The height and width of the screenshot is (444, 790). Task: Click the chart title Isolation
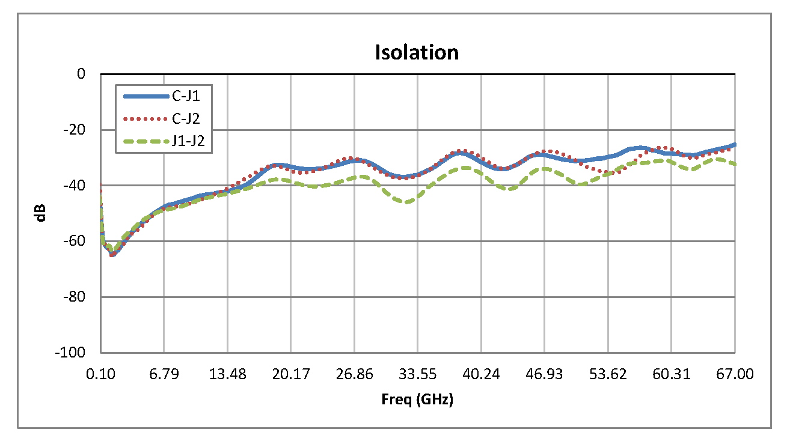[417, 52]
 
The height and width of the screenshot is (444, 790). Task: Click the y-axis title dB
[41, 213]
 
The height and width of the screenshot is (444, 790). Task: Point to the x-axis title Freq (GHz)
[417, 400]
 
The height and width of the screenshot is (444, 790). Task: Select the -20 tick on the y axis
[73, 130]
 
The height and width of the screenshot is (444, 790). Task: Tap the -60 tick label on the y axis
[73, 241]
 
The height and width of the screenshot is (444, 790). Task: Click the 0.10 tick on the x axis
[100, 374]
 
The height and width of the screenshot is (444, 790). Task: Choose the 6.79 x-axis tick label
[164, 374]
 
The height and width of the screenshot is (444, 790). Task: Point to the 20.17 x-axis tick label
[291, 374]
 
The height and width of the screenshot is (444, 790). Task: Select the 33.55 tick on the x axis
[418, 374]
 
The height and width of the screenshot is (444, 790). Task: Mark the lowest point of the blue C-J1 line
[112, 255]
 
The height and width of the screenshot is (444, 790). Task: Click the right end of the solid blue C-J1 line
[735, 144]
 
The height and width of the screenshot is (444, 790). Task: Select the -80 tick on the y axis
[73, 297]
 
